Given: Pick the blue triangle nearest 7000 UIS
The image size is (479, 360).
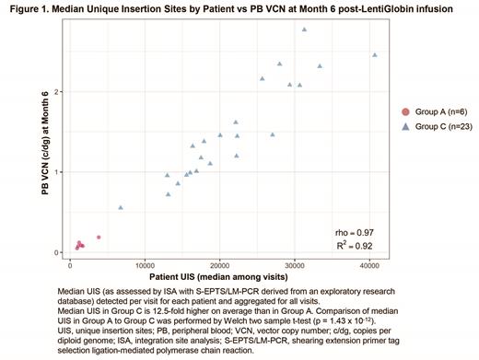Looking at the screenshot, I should [x=121, y=207].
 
